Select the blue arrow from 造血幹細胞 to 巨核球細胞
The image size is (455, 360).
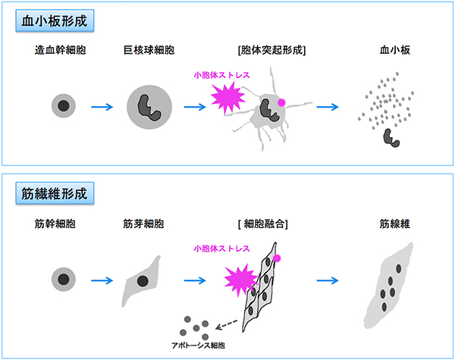[x=102, y=106]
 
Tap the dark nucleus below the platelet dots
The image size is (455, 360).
[x=394, y=137]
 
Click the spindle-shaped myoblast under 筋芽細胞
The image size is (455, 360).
[x=142, y=280]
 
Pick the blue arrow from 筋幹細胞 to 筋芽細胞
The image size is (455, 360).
[x=102, y=280]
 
